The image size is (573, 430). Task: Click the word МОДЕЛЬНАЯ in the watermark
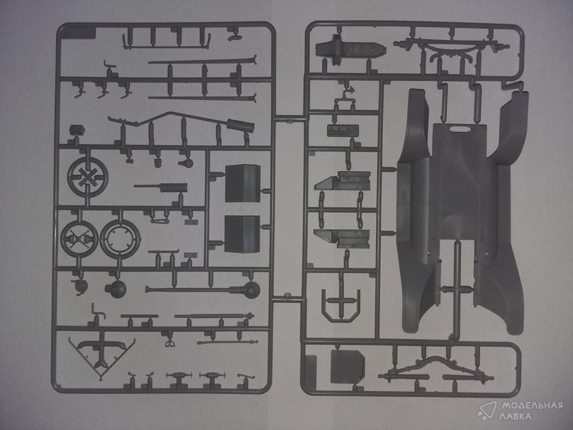click(x=532, y=405)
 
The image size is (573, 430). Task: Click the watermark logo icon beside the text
click(x=487, y=411)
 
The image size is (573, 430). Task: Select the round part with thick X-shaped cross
click(x=88, y=177)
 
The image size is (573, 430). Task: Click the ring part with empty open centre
click(x=120, y=238)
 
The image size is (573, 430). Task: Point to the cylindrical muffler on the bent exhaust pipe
click(x=240, y=125)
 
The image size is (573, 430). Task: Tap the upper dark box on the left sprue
click(x=242, y=183)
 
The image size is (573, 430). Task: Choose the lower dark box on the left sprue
click(x=242, y=234)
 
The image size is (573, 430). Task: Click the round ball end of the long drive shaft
click(x=251, y=290)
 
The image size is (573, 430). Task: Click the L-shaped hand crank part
click(x=97, y=313)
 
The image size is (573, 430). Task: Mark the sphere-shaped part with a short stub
click(x=116, y=289)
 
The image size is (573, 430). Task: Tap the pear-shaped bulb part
click(x=186, y=163)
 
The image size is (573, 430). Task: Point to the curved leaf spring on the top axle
click(x=452, y=48)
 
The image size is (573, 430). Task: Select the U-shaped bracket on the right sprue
click(x=341, y=309)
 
